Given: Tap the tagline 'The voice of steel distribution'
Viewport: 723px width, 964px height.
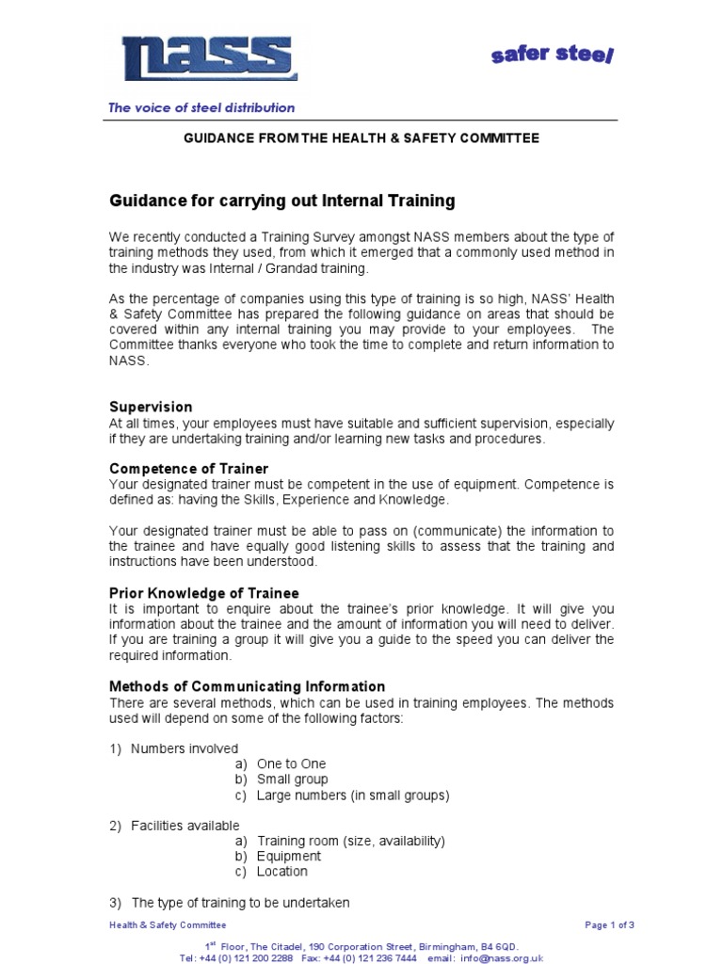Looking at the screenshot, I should coord(201,107).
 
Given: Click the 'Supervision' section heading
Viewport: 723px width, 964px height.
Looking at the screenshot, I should coord(151,407).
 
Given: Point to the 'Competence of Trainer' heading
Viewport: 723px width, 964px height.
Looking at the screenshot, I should coord(188,468).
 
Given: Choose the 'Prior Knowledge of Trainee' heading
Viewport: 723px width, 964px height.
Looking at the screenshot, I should coord(204,593).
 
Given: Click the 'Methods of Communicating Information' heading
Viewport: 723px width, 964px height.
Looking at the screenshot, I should coord(248,686).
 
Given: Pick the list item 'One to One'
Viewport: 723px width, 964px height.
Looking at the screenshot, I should coord(291,764).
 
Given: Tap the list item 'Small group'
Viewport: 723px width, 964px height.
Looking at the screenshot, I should coord(292,779).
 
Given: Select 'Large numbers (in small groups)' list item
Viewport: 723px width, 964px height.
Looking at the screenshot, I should coord(353,795).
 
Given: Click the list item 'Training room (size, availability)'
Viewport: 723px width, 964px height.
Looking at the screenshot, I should coord(350,841).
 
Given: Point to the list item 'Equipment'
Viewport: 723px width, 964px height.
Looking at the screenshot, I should coord(288,856).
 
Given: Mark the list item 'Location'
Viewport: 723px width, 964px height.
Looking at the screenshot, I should coord(281,871).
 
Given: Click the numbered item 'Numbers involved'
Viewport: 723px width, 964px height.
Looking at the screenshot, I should coord(184,748).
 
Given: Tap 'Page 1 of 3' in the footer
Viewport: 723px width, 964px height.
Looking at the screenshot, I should coord(609,925).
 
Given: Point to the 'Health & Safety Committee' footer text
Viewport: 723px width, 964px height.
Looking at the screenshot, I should coord(168,925).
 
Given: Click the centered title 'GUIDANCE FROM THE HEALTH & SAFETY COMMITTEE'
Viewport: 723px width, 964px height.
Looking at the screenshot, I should coord(361,138).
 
